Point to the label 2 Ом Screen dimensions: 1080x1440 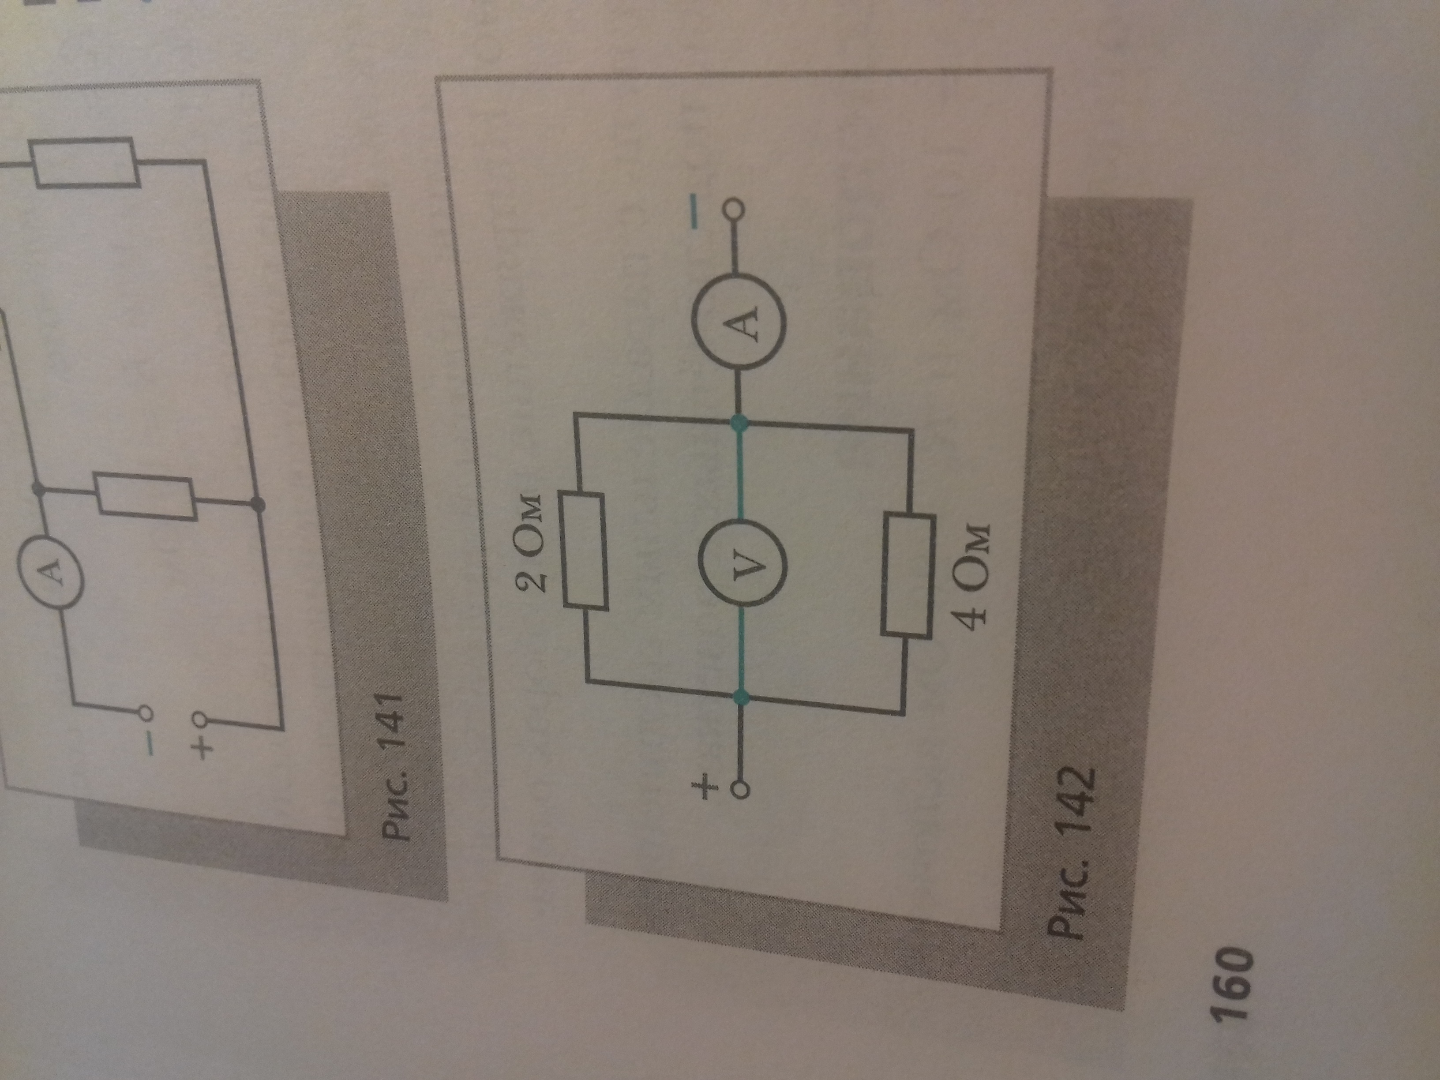pyautogui.click(x=531, y=544)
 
